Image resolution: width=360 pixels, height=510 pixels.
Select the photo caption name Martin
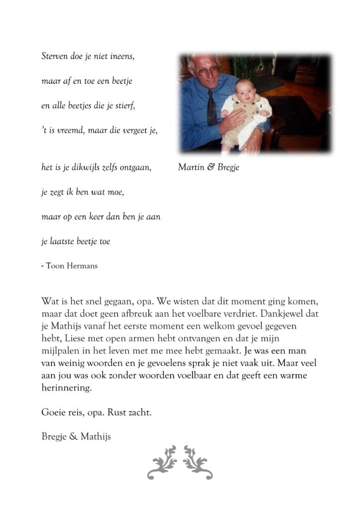click(x=190, y=167)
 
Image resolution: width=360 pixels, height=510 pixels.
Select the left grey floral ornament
click(x=162, y=463)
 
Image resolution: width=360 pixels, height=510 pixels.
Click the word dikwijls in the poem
click(x=88, y=168)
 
